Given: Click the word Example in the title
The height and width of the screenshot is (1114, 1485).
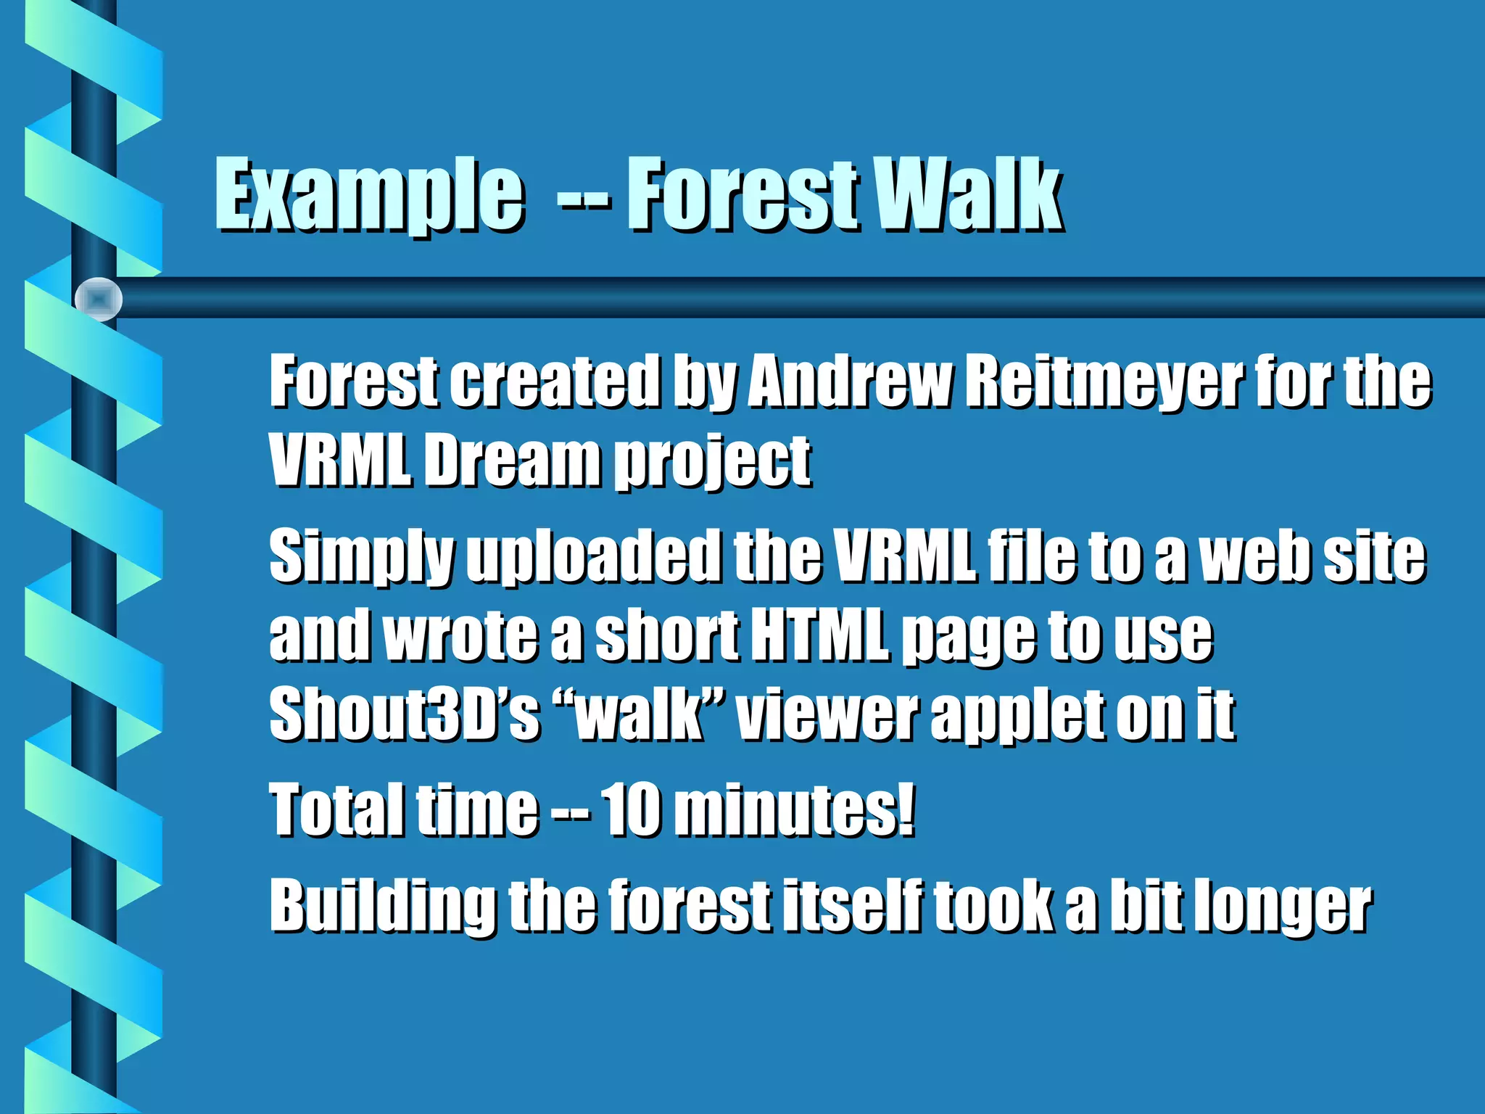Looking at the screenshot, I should pyautogui.click(x=368, y=196).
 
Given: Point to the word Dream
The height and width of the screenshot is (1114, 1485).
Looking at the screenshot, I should pyautogui.click(x=512, y=461).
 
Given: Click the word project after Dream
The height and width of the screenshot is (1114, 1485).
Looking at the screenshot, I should pyautogui.click(x=713, y=464).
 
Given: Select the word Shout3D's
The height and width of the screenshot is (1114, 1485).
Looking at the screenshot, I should pyautogui.click(x=405, y=714).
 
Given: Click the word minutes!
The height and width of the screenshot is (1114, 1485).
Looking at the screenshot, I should pyautogui.click(x=794, y=809).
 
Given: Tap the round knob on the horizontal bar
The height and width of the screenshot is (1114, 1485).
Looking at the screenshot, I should pyautogui.click(x=99, y=299).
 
